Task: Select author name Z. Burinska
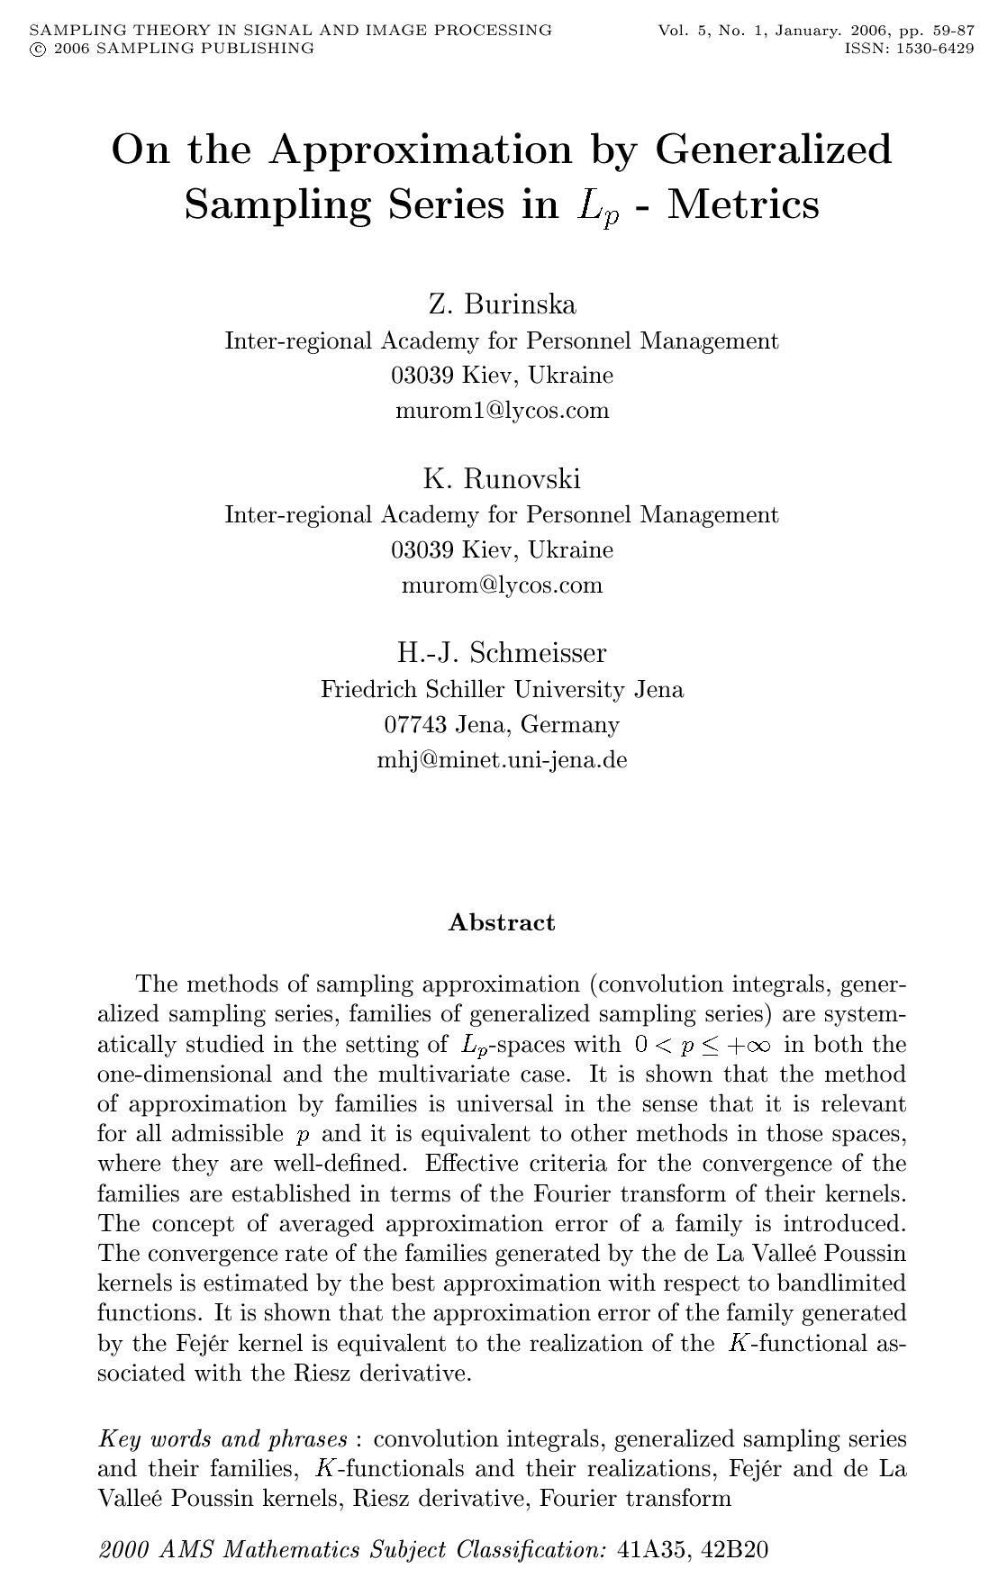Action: pyautogui.click(x=502, y=304)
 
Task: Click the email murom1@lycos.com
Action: pyautogui.click(x=502, y=411)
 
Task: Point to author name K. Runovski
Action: pyautogui.click(x=502, y=478)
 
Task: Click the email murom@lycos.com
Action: pyautogui.click(x=502, y=585)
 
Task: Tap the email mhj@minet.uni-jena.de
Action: pyautogui.click(x=502, y=759)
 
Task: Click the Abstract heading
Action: pyautogui.click(x=502, y=922)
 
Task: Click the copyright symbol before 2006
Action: pyautogui.click(x=36, y=49)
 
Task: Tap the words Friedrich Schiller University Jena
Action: pyautogui.click(x=502, y=690)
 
